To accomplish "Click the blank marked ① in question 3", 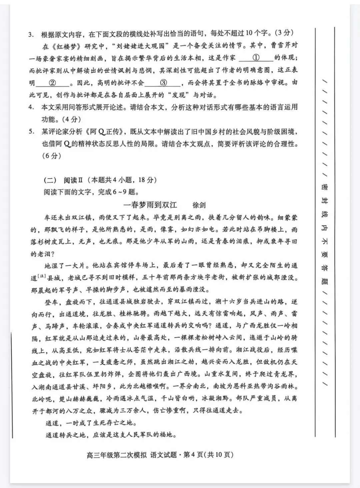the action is [x=256, y=58].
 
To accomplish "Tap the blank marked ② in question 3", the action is [x=52, y=83].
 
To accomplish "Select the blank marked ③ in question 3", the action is [x=163, y=83].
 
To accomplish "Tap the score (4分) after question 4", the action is [x=70, y=119].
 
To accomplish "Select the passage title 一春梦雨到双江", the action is [x=150, y=205].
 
